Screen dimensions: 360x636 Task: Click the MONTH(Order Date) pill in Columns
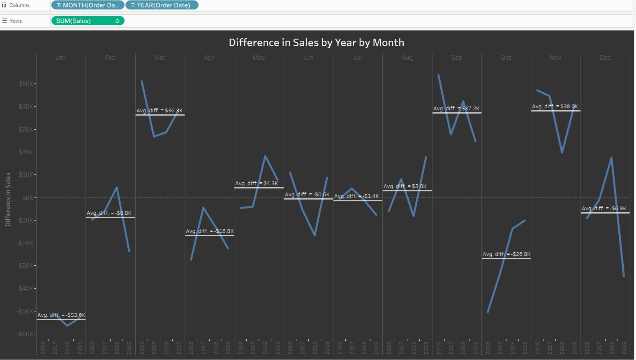pyautogui.click(x=88, y=5)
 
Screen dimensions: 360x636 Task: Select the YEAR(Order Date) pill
pyautogui.click(x=162, y=5)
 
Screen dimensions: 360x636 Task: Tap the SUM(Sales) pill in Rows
pyautogui.click(x=87, y=21)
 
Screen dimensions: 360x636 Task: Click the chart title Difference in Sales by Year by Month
pyautogui.click(x=316, y=42)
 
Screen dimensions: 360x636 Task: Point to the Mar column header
pyautogui.click(x=160, y=58)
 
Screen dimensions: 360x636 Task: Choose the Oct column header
pyautogui.click(x=506, y=58)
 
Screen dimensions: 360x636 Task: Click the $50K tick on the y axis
pyautogui.click(x=26, y=84)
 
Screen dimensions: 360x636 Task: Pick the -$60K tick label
pyautogui.click(x=25, y=334)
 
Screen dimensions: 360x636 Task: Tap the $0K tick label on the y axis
pyautogui.click(x=28, y=198)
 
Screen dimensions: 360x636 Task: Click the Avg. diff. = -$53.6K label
pyautogui.click(x=61, y=315)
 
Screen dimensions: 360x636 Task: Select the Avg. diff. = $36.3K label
pyautogui.click(x=160, y=111)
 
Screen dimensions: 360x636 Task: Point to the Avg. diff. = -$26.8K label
pyautogui.click(x=506, y=254)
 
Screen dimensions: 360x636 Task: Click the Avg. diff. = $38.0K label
pyautogui.click(x=555, y=107)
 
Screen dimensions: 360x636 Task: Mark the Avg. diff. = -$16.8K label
pyautogui.click(x=209, y=231)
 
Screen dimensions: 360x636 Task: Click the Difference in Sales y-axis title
pyautogui.click(x=8, y=200)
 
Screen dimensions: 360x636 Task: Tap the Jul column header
pyautogui.click(x=357, y=58)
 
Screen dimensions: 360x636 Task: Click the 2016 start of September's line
pyautogui.click(x=439, y=75)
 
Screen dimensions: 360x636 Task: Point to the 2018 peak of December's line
pyautogui.click(x=612, y=158)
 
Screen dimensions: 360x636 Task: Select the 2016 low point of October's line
pyautogui.click(x=488, y=312)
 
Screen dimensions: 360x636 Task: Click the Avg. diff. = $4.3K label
pyautogui.click(x=257, y=183)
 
